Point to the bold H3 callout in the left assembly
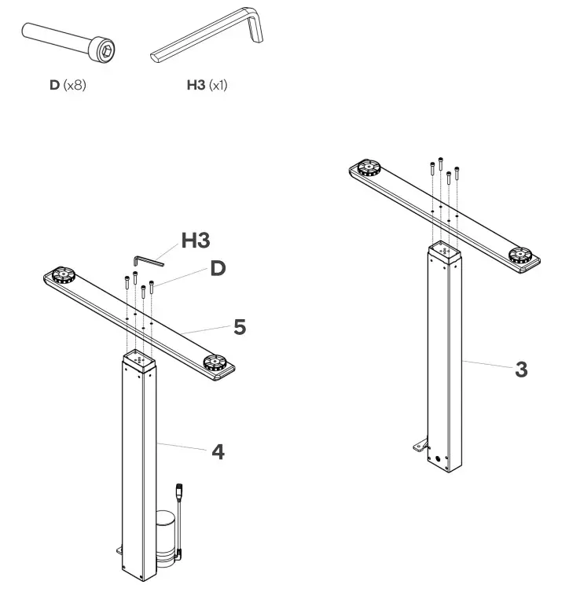point(196,241)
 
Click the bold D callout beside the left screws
point(218,268)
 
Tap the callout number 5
point(239,327)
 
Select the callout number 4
point(218,452)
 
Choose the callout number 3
point(521,369)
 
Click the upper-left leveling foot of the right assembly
point(365,167)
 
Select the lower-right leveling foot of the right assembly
point(518,254)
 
